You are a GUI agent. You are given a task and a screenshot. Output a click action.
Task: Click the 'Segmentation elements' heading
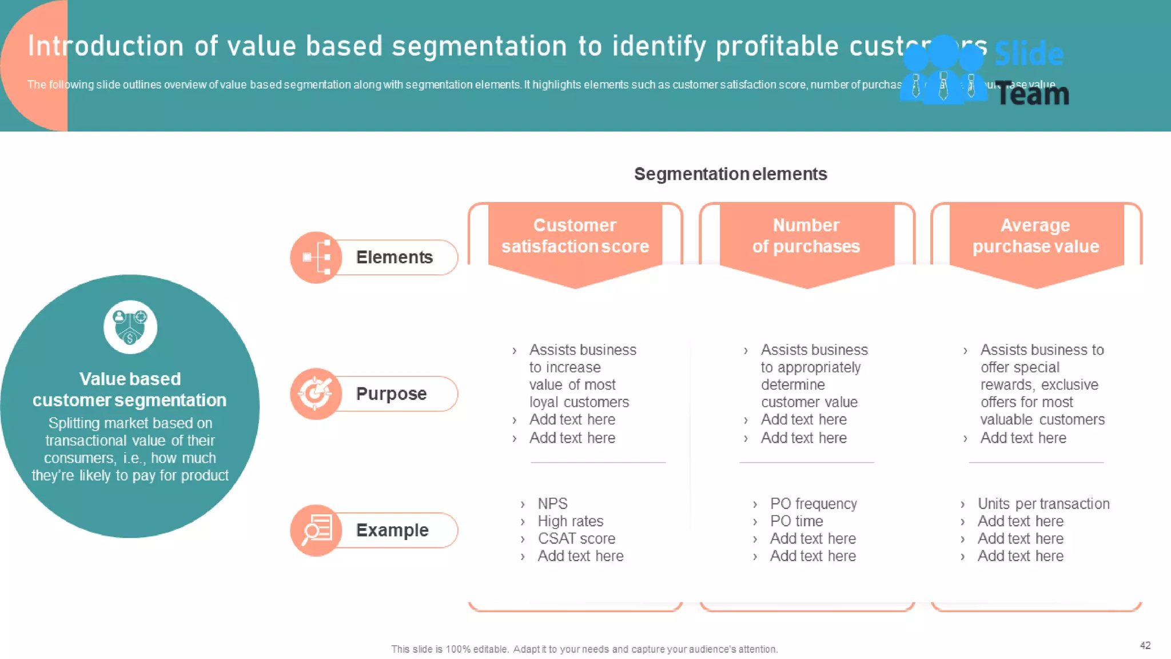coord(730,174)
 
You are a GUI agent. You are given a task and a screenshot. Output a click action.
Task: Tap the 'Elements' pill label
coord(394,257)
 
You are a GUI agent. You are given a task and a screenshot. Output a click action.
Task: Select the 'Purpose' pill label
coord(391,394)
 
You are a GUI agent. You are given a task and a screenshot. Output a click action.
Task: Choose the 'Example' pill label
coord(392,530)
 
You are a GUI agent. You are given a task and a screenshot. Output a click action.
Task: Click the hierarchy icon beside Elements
coord(316,257)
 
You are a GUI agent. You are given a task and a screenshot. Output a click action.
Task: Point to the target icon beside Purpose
coord(316,394)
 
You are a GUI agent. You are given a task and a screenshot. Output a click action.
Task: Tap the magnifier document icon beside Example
coord(316,530)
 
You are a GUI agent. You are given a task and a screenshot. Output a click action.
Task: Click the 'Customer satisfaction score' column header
coord(575,236)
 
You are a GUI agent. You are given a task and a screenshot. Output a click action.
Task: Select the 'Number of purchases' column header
coord(806,236)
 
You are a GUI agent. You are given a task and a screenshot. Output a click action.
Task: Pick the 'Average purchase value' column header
coord(1035,236)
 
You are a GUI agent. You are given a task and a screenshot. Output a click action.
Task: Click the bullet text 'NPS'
coord(552,503)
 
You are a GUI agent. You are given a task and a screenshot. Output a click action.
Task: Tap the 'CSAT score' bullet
coord(576,538)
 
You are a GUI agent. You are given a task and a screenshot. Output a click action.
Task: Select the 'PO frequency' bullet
coord(813,503)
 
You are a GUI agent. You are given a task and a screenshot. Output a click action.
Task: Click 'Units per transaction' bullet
coord(1043,503)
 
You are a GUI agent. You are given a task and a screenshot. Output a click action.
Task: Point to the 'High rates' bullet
coord(570,521)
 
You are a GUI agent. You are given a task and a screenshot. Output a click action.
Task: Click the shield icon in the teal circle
coord(130,327)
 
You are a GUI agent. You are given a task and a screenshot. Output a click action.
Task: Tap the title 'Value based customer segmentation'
coord(130,390)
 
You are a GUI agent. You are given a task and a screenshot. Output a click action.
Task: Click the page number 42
coord(1145,645)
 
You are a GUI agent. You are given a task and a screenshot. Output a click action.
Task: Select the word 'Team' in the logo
coord(1032,94)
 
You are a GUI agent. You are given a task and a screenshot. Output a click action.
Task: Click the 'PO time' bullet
coord(796,521)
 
